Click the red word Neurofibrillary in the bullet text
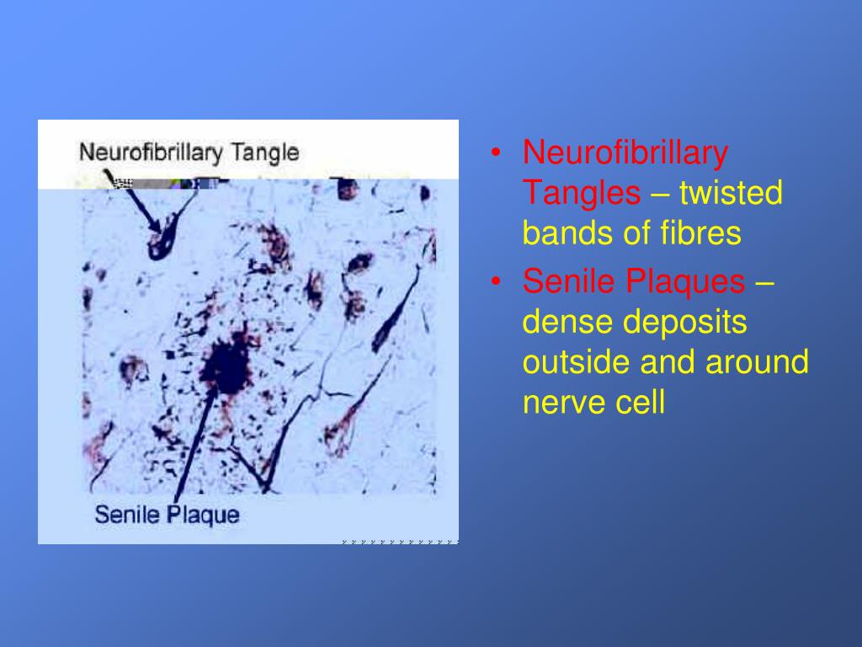click(625, 153)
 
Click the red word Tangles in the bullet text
click(581, 193)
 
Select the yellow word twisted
click(731, 193)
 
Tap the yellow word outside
click(577, 361)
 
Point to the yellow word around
click(757, 361)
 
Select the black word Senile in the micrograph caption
click(126, 513)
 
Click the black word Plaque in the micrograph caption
click(202, 513)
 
